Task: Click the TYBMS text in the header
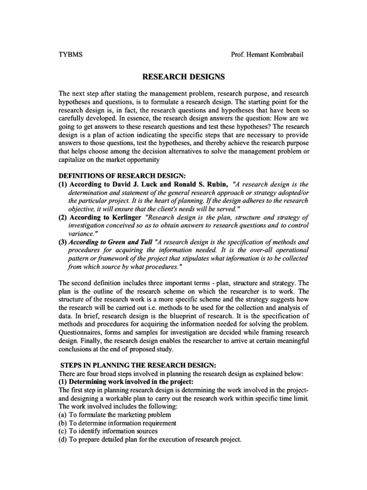pyautogui.click(x=70, y=54)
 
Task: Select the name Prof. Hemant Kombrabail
pyautogui.click(x=267, y=54)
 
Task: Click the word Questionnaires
pyautogui.click(x=80, y=332)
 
